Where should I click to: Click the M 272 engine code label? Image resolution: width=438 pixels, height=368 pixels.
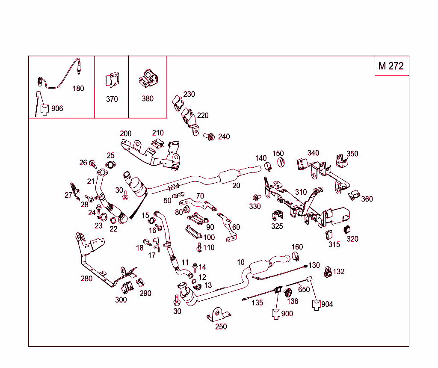tap(391, 66)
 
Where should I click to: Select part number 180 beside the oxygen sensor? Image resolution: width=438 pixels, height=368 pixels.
tap(78, 89)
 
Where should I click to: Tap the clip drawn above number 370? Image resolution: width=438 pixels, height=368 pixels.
tap(112, 80)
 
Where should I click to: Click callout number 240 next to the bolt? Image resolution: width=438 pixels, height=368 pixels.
tap(224, 137)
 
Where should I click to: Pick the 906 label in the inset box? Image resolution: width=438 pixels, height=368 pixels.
tap(57, 109)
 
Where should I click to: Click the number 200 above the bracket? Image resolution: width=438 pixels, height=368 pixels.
tap(126, 134)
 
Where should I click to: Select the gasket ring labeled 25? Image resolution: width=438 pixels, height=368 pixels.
tap(110, 166)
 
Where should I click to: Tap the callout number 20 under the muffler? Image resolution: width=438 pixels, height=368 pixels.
tap(236, 186)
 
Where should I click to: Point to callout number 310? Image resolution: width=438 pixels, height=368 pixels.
tap(301, 192)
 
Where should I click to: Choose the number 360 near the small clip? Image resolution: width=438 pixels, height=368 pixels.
tap(367, 199)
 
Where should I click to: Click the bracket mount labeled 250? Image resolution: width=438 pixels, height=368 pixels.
tap(218, 315)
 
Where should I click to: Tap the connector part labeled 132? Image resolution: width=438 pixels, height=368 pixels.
tap(328, 272)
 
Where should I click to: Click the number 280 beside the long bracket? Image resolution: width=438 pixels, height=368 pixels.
tap(87, 279)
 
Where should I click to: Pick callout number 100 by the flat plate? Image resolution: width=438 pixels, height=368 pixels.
tap(209, 237)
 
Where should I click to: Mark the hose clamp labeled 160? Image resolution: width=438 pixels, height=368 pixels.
tap(295, 256)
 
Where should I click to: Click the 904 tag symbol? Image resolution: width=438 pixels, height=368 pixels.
tap(317, 305)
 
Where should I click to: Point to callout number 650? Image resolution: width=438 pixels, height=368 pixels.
tap(304, 290)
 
